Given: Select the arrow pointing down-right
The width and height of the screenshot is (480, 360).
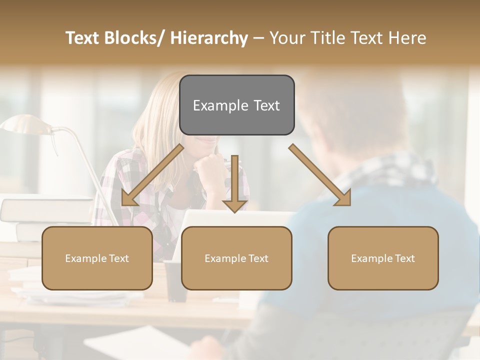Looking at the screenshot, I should [x=320, y=175].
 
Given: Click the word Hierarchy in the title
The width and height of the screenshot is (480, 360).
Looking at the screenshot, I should [x=208, y=38].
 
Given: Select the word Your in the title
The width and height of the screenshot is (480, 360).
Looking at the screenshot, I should [x=286, y=38].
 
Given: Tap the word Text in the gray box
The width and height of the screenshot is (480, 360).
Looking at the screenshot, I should [x=266, y=105].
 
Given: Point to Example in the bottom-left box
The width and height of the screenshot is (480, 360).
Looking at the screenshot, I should [x=86, y=258].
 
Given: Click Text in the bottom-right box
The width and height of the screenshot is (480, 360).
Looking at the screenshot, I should [x=404, y=258].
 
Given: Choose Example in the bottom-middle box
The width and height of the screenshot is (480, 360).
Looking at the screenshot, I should [x=225, y=258].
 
